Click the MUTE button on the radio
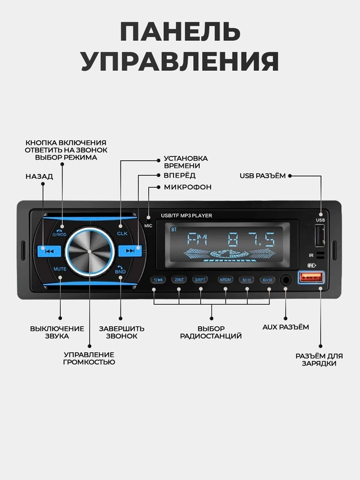(x=61, y=269)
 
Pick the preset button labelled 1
(x=158, y=280)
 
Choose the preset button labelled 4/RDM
(x=226, y=280)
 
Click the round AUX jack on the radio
(x=286, y=279)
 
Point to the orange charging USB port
(x=311, y=277)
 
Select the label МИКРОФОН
(x=188, y=187)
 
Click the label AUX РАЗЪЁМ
(x=286, y=327)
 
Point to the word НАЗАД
(x=40, y=176)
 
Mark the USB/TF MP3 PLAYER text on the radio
(x=187, y=215)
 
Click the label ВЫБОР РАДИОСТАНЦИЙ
(x=203, y=332)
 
